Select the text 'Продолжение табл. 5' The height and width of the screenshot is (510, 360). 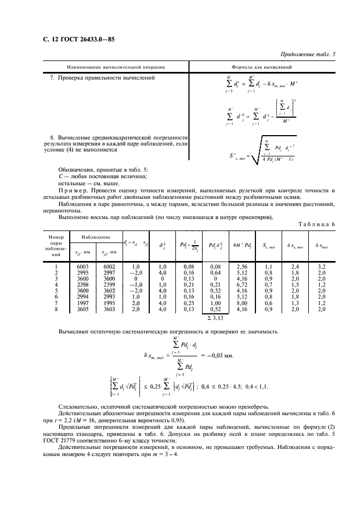tap(308, 54)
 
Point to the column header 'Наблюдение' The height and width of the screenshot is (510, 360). tap(96, 238)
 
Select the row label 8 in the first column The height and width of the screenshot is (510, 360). tap(56, 309)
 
